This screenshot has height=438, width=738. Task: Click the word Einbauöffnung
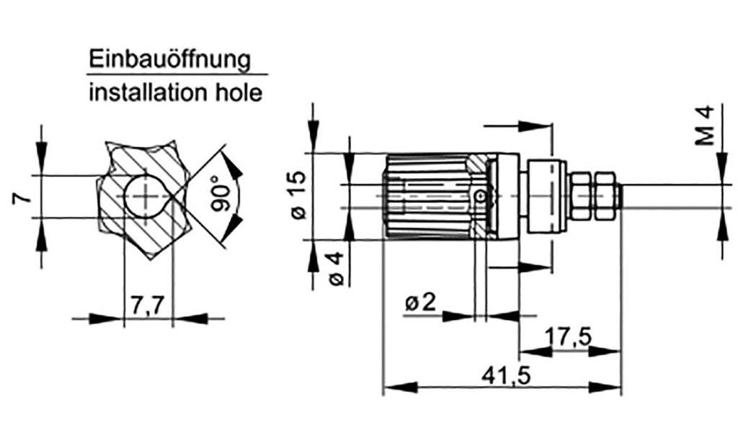[169, 59]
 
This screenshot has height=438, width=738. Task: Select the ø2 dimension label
[421, 303]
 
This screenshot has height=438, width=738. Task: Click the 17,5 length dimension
[569, 336]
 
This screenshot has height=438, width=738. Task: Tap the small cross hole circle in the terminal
[481, 196]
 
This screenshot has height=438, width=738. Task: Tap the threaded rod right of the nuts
[670, 195]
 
